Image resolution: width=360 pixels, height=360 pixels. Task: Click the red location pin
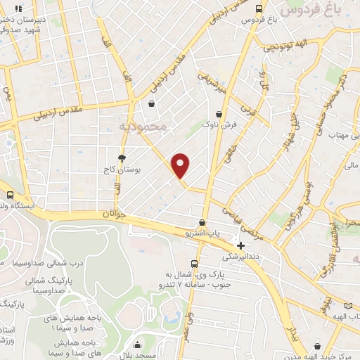(181, 165)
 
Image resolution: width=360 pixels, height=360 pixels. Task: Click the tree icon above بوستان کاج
(122, 157)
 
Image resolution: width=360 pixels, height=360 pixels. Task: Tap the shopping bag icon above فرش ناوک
(220, 112)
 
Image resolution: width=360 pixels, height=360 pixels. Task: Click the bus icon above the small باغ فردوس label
(259, 8)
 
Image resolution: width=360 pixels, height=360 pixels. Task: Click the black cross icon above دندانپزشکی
(241, 246)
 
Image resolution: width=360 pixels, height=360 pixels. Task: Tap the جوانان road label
(112, 212)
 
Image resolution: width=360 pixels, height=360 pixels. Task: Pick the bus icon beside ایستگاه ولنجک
(10, 195)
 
